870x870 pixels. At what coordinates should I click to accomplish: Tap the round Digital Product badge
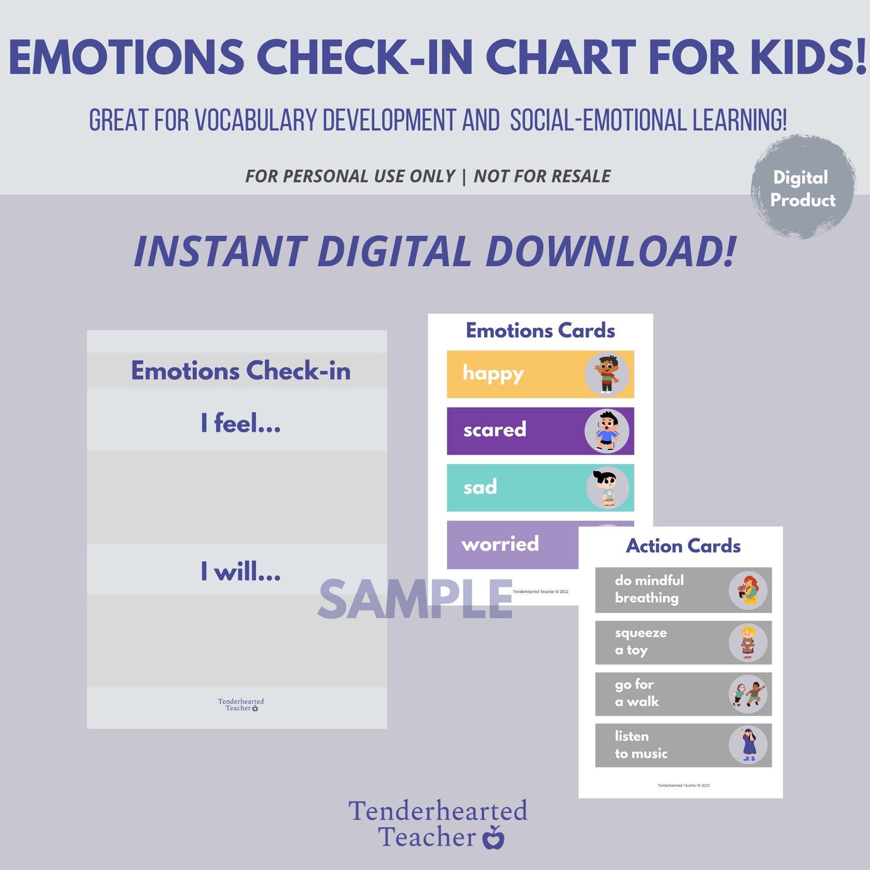point(803,188)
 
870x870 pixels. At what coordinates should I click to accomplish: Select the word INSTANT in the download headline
point(220,251)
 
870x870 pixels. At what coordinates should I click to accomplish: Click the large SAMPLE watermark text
point(415,599)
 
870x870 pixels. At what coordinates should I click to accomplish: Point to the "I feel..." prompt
point(241,423)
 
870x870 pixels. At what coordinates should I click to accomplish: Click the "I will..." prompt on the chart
point(241,571)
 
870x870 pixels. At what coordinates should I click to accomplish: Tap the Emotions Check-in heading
point(241,371)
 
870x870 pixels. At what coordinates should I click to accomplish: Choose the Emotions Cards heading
point(540,330)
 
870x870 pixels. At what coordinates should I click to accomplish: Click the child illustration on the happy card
point(606,375)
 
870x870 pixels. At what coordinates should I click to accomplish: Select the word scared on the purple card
point(495,430)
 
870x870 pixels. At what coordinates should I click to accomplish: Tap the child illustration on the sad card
point(607,488)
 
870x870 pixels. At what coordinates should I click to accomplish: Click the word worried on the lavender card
point(500,544)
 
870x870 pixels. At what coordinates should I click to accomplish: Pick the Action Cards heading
point(683,546)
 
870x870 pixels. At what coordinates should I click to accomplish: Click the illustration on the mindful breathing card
point(748,590)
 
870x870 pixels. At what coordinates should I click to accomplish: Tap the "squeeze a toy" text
point(640,642)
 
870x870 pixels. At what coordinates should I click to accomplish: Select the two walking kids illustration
point(748,694)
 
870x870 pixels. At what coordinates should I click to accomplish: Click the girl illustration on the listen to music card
point(748,745)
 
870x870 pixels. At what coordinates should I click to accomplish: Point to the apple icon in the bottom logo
point(493,838)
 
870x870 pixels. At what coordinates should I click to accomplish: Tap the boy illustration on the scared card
point(606,431)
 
